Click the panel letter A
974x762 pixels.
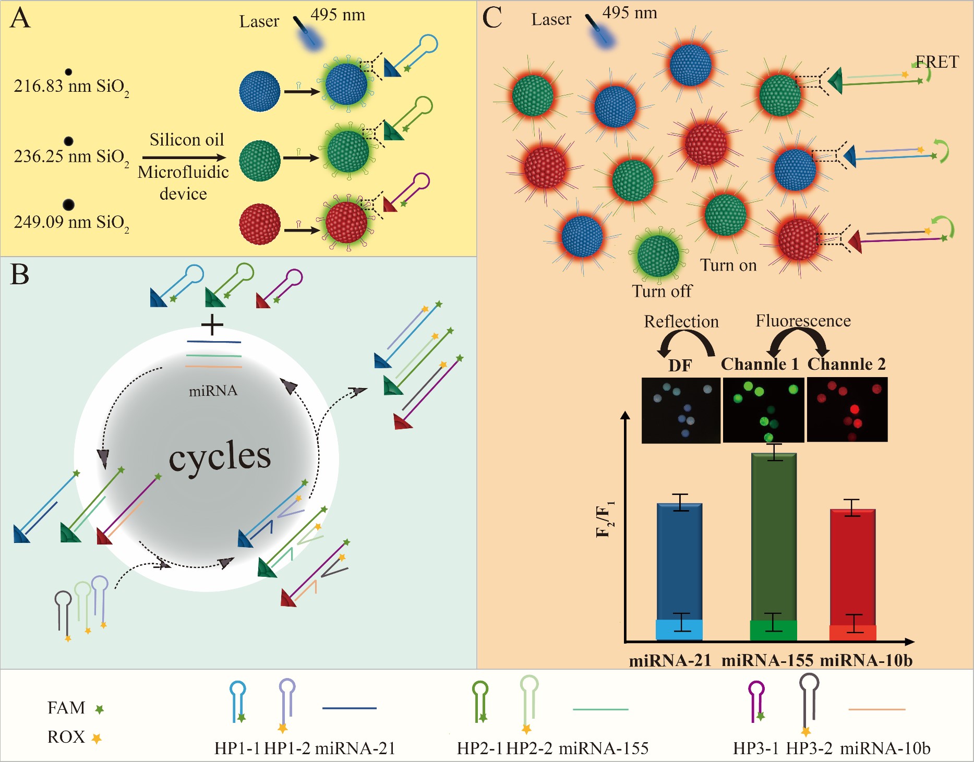click(20, 19)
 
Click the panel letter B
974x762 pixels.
click(20, 275)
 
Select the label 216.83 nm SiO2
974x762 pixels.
click(71, 87)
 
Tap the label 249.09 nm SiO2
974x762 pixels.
click(71, 223)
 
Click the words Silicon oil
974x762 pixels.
click(186, 140)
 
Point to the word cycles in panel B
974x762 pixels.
click(220, 457)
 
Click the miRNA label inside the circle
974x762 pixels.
click(213, 391)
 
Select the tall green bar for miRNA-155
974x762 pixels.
click(774, 537)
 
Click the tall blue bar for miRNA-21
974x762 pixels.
click(679, 561)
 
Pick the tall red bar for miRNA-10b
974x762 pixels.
click(852, 566)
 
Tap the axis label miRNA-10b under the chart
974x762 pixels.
click(866, 661)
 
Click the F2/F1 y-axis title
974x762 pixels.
click(605, 519)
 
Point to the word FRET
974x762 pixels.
click(937, 62)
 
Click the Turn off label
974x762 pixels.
click(662, 291)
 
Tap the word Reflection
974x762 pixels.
click(681, 321)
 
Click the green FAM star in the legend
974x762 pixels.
click(99, 709)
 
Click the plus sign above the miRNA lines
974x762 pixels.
click(212, 325)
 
